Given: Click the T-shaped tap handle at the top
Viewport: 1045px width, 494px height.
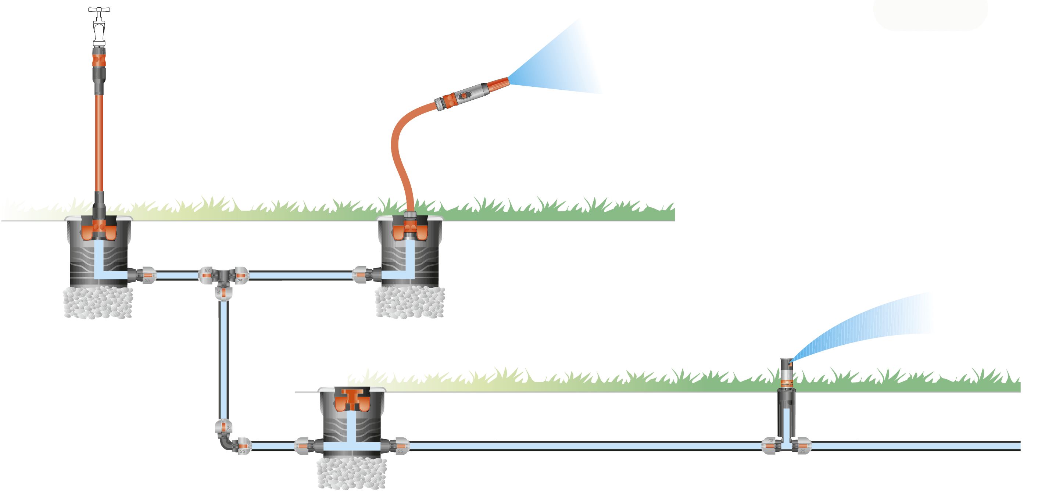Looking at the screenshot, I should coord(99,10).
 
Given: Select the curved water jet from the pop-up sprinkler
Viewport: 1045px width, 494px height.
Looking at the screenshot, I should coord(864,325).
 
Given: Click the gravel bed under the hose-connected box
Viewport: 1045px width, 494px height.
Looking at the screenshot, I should coord(410,302).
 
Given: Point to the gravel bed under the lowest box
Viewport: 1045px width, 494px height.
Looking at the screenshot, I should coord(351,473).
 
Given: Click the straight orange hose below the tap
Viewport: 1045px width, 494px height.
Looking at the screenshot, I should coord(99,142).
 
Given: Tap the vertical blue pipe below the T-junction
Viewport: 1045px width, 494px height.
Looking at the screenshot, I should coord(223,357).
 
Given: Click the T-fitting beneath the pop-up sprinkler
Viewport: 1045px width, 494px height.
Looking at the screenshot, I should coord(786,445).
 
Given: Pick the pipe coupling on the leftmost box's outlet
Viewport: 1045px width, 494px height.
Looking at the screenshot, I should coord(146,275).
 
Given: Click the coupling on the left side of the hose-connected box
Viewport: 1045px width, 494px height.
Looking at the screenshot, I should coord(361,275).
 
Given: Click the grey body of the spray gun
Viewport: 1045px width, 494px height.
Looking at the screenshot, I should coord(470,93).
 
